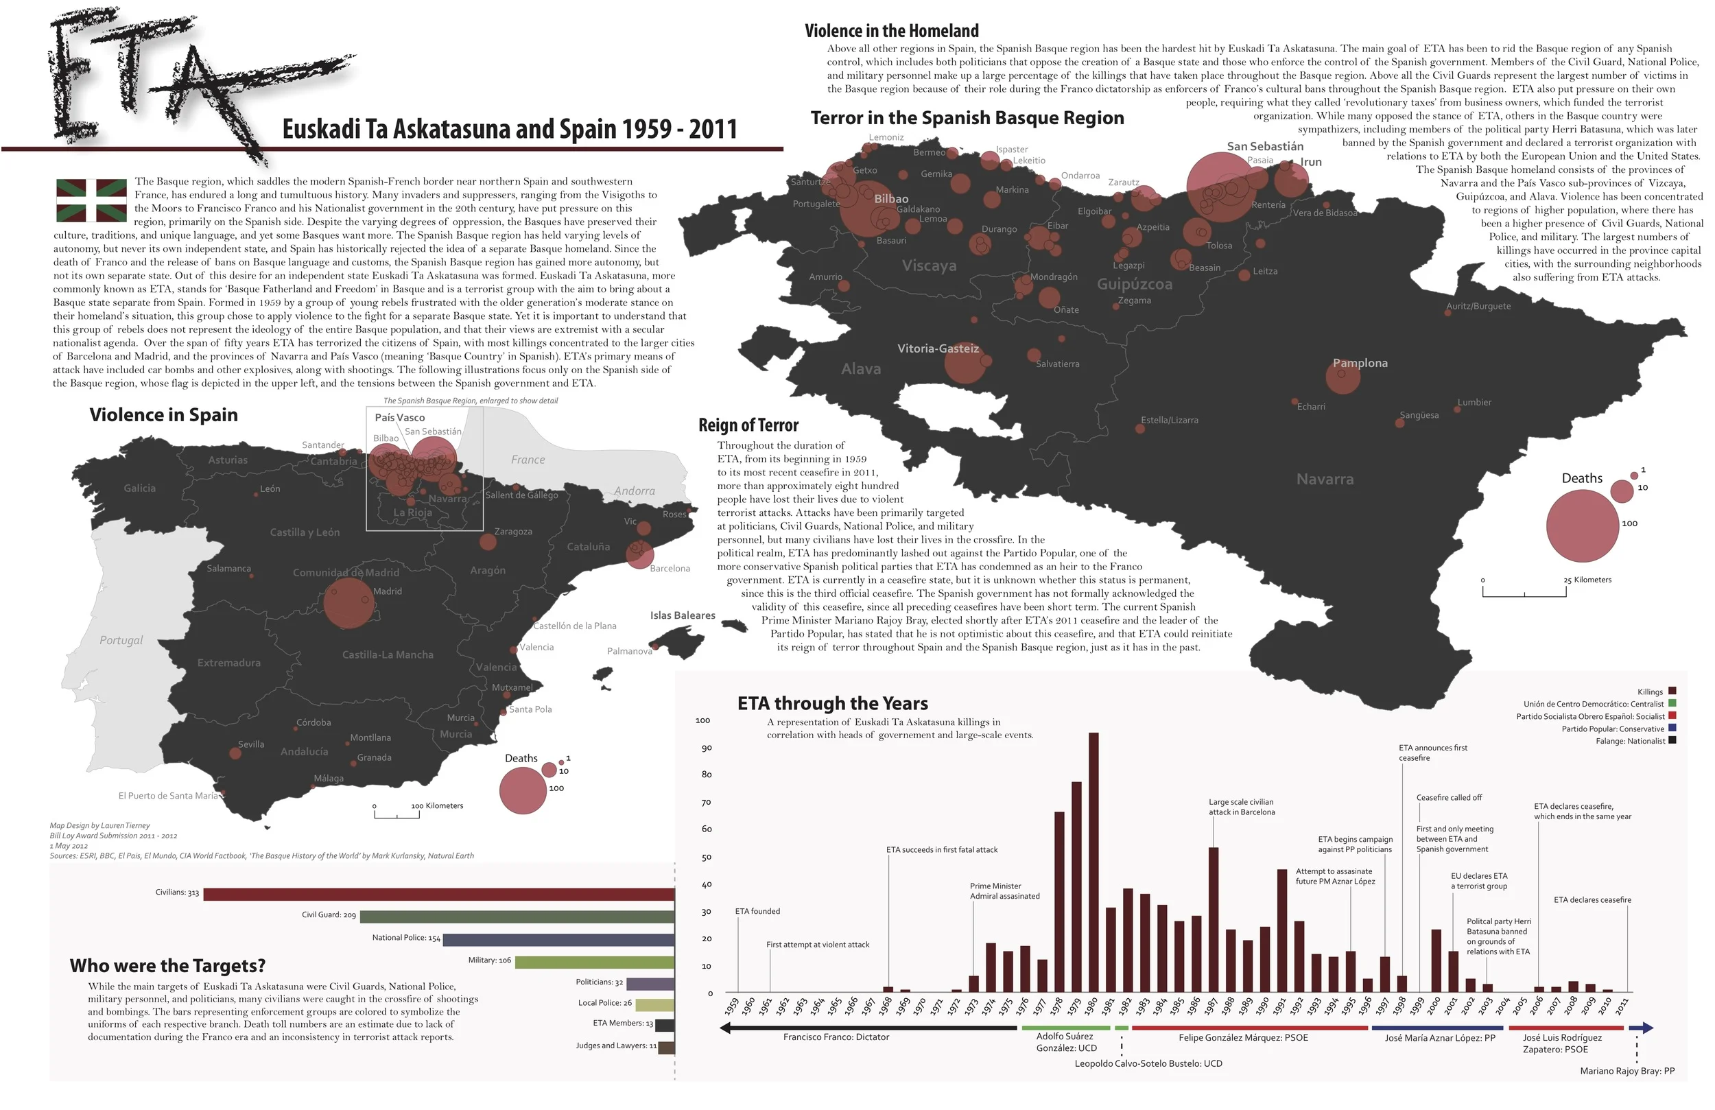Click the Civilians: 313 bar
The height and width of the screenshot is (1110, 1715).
click(x=439, y=894)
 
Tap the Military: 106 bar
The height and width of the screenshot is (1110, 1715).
click(x=595, y=963)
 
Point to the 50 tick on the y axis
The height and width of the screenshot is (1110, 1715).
click(x=706, y=857)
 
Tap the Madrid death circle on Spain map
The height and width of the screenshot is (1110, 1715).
click(x=348, y=602)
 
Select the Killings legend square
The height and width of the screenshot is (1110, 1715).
click(x=1672, y=691)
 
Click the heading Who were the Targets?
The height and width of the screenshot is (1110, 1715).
click(x=167, y=966)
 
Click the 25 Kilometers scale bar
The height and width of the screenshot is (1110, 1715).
click(x=1524, y=592)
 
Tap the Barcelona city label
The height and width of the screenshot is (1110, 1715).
click(x=670, y=569)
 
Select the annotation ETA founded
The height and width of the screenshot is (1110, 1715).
click(x=757, y=911)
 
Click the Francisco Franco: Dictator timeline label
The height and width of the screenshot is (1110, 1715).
click(x=836, y=1037)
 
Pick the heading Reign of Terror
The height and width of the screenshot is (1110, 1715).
click(x=748, y=425)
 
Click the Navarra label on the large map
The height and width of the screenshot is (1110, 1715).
click(x=1325, y=480)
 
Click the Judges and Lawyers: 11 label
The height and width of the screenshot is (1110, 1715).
click(x=615, y=1045)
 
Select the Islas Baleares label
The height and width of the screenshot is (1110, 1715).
click(x=683, y=615)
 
